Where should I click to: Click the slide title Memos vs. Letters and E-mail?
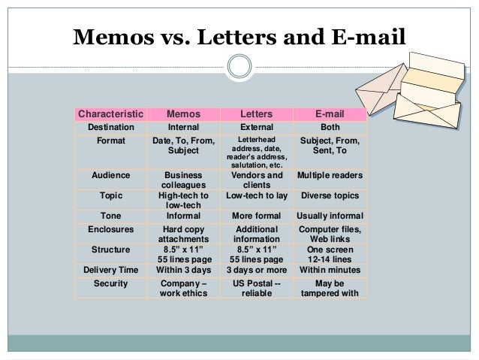coord(239,38)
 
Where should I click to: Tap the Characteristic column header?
coord(110,113)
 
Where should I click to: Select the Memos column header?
coord(183,113)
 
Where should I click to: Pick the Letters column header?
coord(255,113)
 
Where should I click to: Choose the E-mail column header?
coord(330,113)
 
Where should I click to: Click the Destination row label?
coord(110,127)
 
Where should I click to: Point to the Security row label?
coord(110,283)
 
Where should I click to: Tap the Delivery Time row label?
coord(110,270)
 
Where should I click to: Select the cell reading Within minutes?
coord(330,270)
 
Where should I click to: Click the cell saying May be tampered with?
coord(330,289)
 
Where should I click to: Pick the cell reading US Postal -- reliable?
coord(255,289)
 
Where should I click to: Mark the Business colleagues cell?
coord(183,180)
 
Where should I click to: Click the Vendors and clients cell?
coord(255,180)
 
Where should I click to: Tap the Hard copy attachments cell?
coord(183,234)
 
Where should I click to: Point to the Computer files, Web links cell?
coord(330,234)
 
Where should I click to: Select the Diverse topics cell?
coord(330,196)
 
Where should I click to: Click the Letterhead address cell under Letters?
coord(255,153)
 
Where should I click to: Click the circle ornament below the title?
coord(239,67)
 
